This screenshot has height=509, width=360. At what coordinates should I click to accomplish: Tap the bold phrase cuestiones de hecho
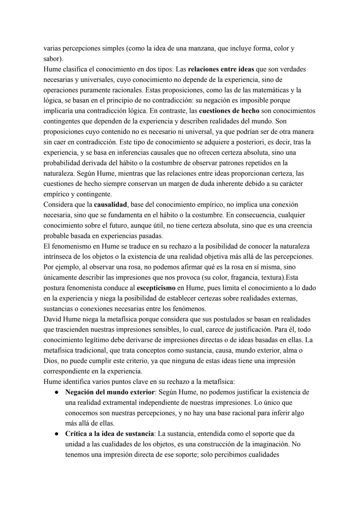(229, 111)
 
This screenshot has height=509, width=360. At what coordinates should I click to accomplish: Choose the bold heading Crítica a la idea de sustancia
(110, 434)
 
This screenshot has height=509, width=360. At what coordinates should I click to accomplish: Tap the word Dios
(50, 361)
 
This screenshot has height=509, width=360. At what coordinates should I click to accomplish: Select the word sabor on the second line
(52, 59)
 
